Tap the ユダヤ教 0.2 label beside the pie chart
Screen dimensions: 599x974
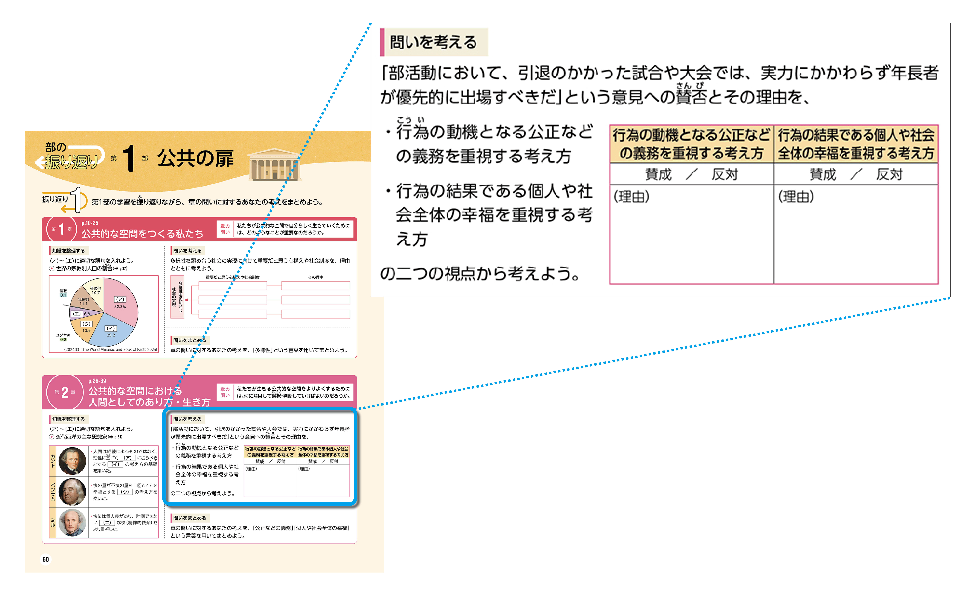[x=63, y=337]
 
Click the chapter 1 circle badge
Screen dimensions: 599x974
[x=61, y=229]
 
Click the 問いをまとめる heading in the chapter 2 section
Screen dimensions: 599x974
[x=189, y=518]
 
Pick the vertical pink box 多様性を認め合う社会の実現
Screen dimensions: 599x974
[x=177, y=296]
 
